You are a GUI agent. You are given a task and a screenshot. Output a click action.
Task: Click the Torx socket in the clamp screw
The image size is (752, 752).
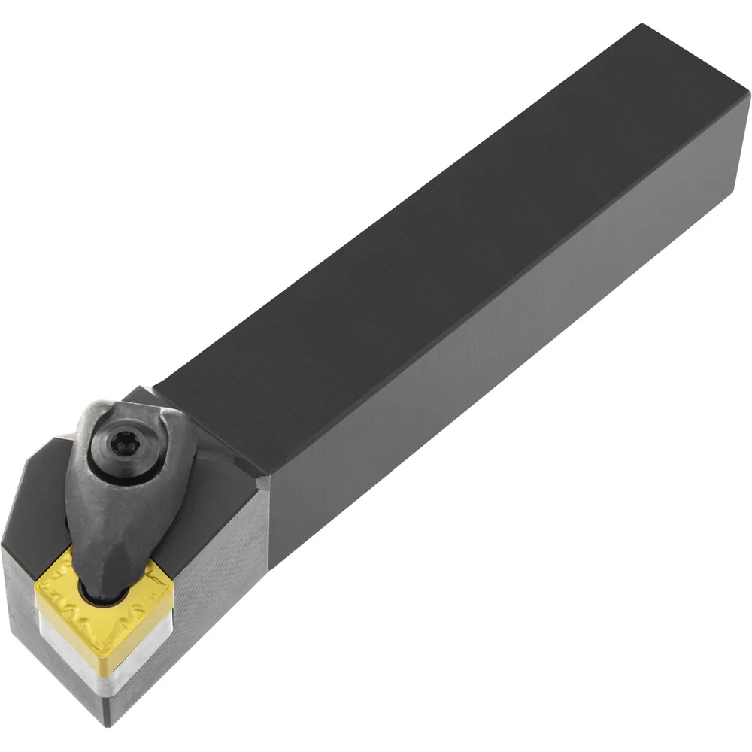[120, 453]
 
